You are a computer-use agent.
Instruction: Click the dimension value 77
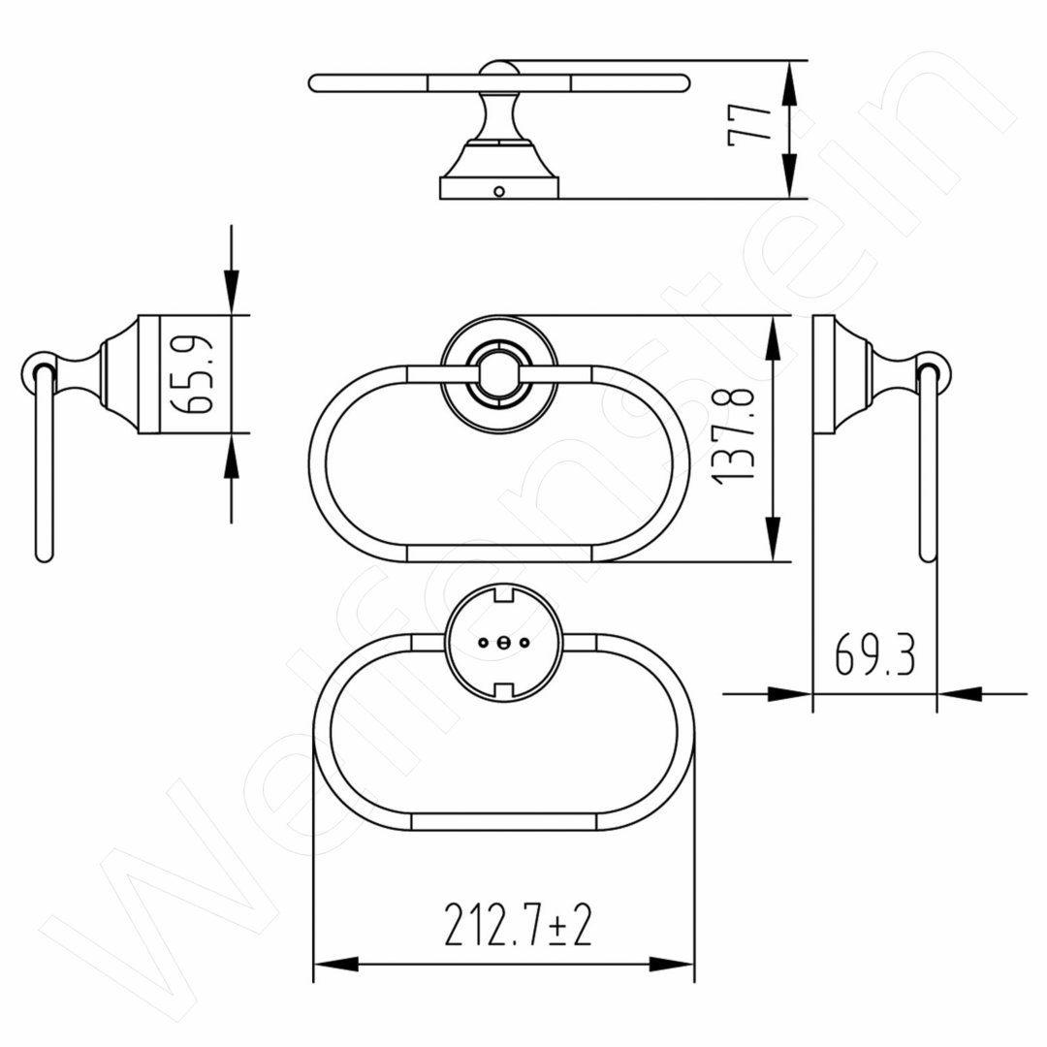pyautogui.click(x=748, y=125)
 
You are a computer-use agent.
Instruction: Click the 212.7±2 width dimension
pyautogui.click(x=518, y=925)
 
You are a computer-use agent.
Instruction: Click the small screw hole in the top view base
pyautogui.click(x=499, y=192)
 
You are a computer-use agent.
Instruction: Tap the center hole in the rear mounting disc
pyautogui.click(x=503, y=643)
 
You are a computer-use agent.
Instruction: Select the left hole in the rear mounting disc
pyautogui.click(x=483, y=643)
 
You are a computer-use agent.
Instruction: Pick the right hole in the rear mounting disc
pyautogui.click(x=524, y=643)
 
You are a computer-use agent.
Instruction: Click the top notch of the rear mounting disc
pyautogui.click(x=503, y=593)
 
